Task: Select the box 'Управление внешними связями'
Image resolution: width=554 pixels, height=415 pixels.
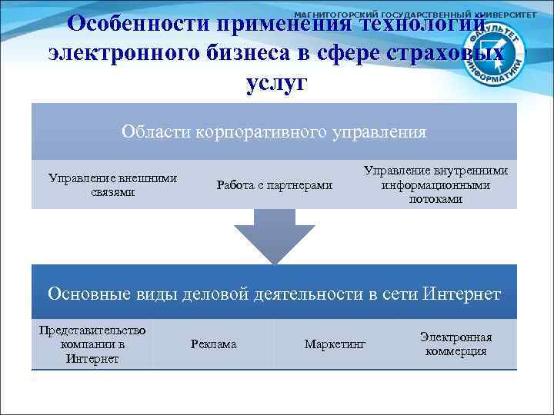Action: coord(112,185)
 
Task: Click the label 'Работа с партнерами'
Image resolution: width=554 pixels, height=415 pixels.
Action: coord(275,185)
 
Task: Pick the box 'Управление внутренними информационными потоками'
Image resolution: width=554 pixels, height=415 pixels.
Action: coord(436,185)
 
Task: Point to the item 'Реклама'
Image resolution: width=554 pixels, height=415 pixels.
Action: coord(213,344)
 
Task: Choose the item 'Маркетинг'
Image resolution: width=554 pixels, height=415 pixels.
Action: coord(335,344)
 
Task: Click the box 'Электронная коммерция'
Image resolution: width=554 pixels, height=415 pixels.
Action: coord(456,344)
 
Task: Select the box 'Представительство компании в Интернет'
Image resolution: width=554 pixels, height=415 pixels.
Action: coord(92,344)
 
